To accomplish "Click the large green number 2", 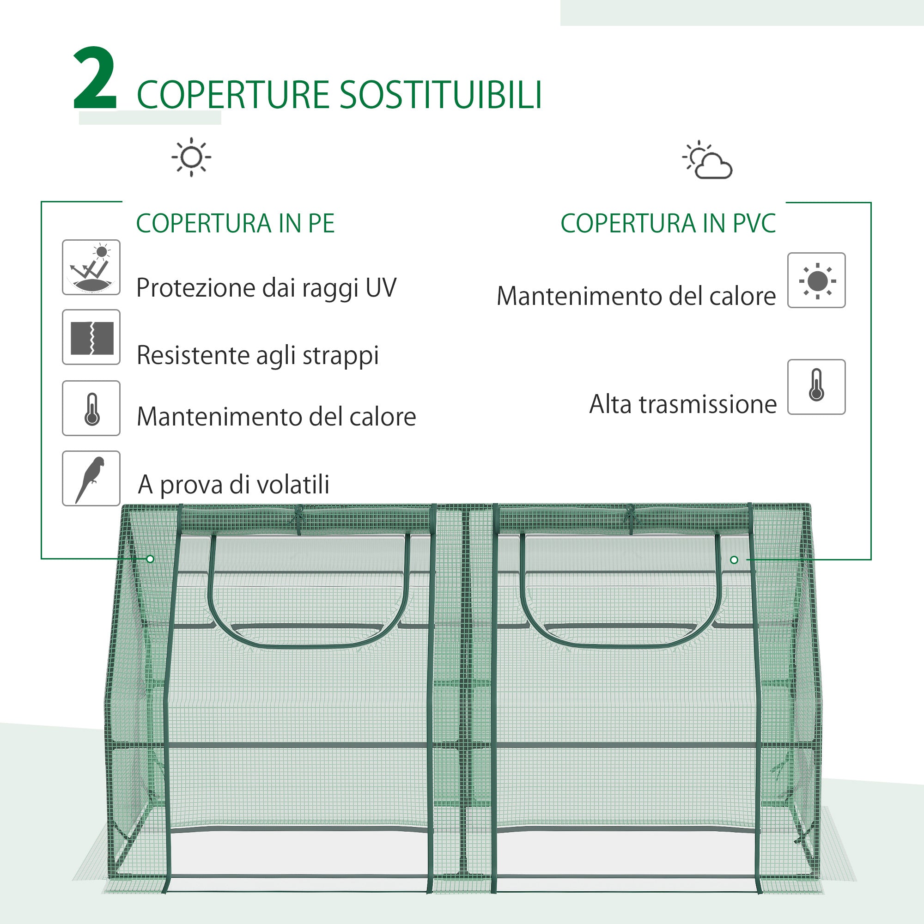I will tap(95, 79).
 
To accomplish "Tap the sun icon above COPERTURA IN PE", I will tap(191, 157).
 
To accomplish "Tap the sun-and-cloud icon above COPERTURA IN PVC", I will tap(708, 161).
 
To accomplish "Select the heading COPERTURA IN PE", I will tap(235, 223).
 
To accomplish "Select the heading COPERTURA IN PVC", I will tap(668, 223).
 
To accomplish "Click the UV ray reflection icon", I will tap(91, 267).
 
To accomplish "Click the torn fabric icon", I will tap(91, 337).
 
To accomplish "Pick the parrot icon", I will tap(91, 478).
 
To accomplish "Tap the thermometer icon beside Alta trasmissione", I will tap(816, 387).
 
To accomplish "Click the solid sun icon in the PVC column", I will tap(816, 281).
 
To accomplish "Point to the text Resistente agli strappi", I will tap(257, 355).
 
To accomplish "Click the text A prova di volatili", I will tap(233, 485).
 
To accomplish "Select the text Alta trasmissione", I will tap(682, 404).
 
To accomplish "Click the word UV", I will tap(381, 288).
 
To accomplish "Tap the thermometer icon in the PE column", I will tap(91, 408).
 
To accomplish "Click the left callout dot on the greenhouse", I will tap(150, 559).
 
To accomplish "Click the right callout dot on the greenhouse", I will tap(734, 559).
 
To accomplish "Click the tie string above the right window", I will tap(630, 517).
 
